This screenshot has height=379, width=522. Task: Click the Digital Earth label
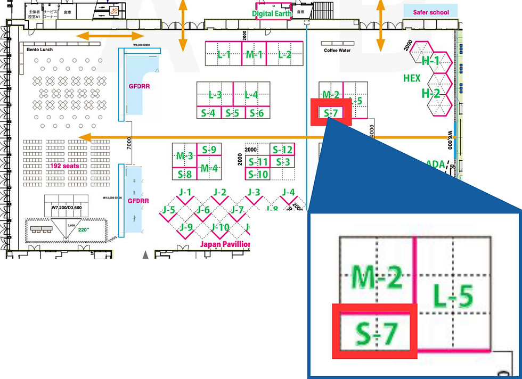(x=272, y=14)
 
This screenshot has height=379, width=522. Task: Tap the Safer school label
(x=431, y=12)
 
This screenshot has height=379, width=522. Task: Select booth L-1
(x=224, y=54)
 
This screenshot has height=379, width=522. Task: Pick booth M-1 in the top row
(x=254, y=54)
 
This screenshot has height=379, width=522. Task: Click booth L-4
(x=251, y=95)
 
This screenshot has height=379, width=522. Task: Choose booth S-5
(x=232, y=113)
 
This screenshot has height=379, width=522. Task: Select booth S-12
(x=282, y=150)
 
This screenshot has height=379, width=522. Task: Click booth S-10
(x=258, y=174)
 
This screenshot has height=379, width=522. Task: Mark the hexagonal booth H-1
(x=431, y=61)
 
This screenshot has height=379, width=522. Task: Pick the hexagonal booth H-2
(x=431, y=94)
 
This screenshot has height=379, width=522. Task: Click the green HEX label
(x=412, y=78)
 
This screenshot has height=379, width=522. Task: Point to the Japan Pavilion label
(x=225, y=244)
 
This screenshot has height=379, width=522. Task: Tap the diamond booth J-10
(x=220, y=228)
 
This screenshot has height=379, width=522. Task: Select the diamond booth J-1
(x=185, y=193)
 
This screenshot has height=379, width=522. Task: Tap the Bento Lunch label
(x=39, y=50)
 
